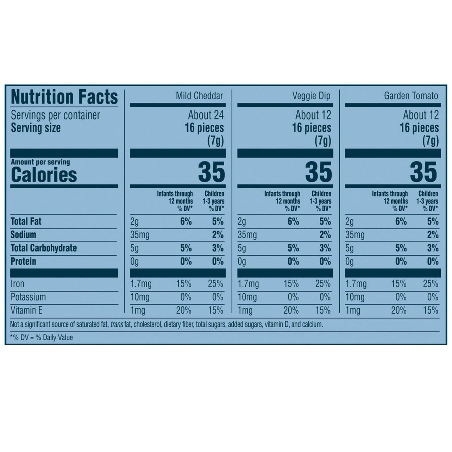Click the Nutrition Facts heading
(x=64, y=97)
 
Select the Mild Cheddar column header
(x=199, y=96)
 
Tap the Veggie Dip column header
(x=312, y=96)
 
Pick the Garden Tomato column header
(x=411, y=96)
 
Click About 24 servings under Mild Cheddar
(x=206, y=115)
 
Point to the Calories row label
(x=44, y=175)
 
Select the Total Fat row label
(x=26, y=221)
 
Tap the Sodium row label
(x=23, y=235)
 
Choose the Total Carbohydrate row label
(x=44, y=248)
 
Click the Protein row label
(x=23, y=262)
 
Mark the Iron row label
(x=18, y=284)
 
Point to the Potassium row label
(x=28, y=297)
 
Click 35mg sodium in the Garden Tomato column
(x=356, y=235)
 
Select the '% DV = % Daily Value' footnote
(x=42, y=338)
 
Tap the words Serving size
(x=36, y=128)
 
